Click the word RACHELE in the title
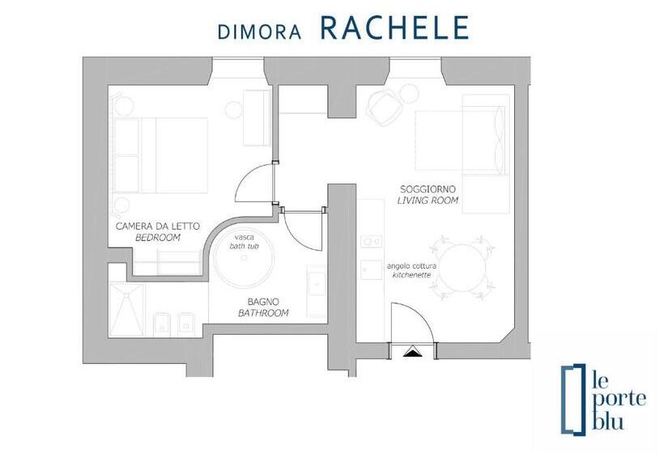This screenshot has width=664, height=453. click(394, 28)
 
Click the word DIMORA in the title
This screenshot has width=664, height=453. click(259, 32)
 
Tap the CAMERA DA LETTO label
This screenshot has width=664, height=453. click(158, 226)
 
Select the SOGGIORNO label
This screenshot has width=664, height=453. click(428, 189)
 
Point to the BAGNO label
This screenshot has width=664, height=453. click(263, 302)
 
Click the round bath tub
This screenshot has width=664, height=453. click(244, 258)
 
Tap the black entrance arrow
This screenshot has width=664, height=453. click(413, 352)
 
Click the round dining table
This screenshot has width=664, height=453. click(462, 268)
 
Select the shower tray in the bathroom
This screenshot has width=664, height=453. click(126, 310)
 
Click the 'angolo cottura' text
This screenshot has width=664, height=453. click(411, 266)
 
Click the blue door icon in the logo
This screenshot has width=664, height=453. click(573, 400)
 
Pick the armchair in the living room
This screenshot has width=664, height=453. click(385, 108)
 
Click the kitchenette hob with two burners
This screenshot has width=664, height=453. click(372, 242)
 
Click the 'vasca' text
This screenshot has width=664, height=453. click(245, 237)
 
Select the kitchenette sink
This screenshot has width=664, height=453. click(372, 270)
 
